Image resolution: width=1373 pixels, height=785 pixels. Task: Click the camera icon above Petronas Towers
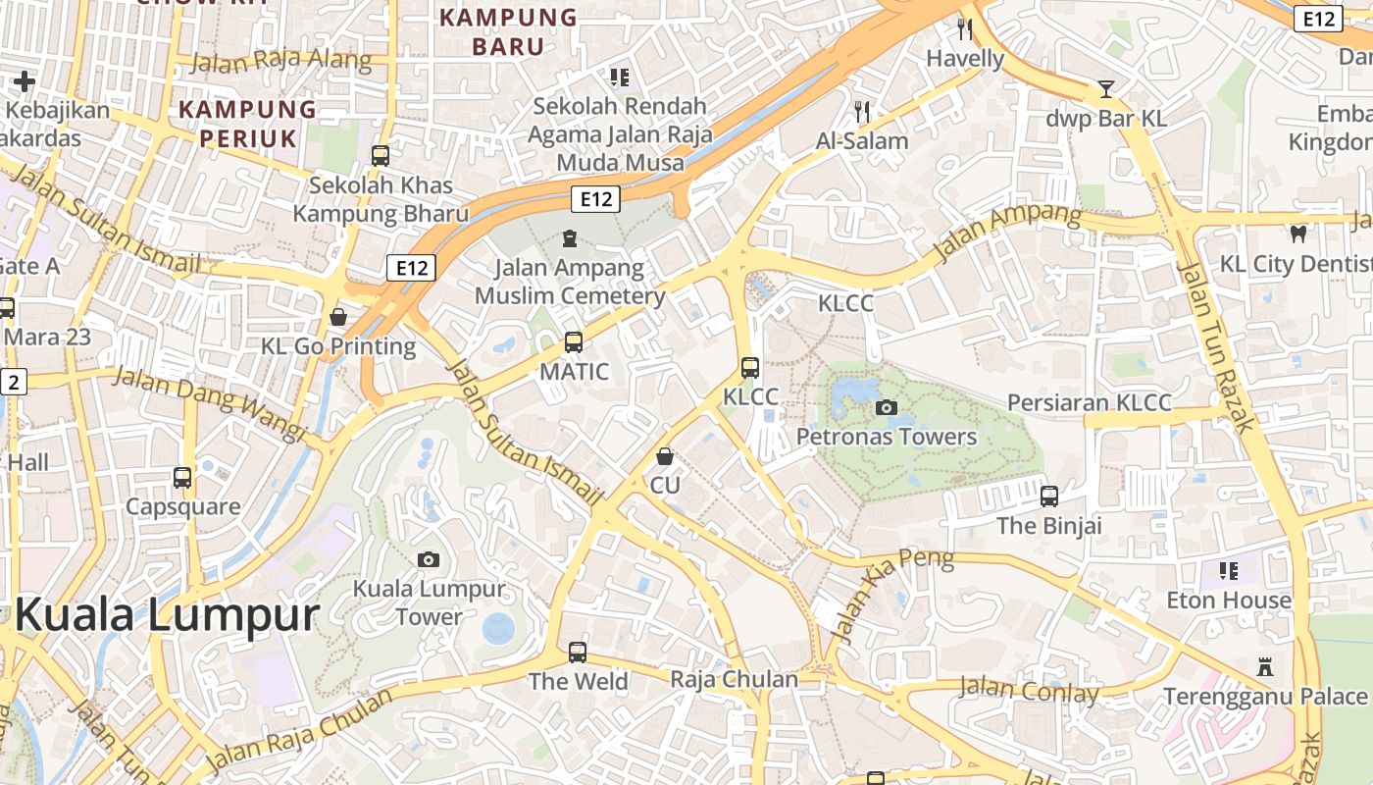click(886, 407)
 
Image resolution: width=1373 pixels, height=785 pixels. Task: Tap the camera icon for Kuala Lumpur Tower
click(428, 559)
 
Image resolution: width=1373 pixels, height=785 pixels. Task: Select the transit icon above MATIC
click(574, 342)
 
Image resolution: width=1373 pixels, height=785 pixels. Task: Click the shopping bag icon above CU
click(665, 456)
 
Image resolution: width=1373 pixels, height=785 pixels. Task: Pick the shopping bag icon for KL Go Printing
click(338, 317)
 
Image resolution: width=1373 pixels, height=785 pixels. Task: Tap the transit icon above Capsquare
click(182, 478)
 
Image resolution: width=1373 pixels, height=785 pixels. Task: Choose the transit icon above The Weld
click(578, 652)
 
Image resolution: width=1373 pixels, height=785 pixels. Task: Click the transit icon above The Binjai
click(1049, 496)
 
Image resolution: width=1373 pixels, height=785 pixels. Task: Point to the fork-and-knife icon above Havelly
click(965, 29)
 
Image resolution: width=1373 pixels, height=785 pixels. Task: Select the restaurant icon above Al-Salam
click(862, 112)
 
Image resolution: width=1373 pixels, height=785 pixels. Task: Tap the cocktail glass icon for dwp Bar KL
click(1106, 89)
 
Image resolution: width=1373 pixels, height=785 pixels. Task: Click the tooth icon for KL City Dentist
click(1298, 234)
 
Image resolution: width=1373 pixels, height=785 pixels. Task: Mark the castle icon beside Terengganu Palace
click(1265, 667)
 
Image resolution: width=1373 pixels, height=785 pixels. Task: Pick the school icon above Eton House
click(1228, 570)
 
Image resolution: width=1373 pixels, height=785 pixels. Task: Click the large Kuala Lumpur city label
click(167, 616)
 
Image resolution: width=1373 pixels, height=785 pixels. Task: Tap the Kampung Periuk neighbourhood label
click(248, 124)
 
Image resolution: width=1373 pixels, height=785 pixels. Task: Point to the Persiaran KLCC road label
click(1090, 403)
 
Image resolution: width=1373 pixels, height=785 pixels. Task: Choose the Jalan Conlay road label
click(1029, 690)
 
